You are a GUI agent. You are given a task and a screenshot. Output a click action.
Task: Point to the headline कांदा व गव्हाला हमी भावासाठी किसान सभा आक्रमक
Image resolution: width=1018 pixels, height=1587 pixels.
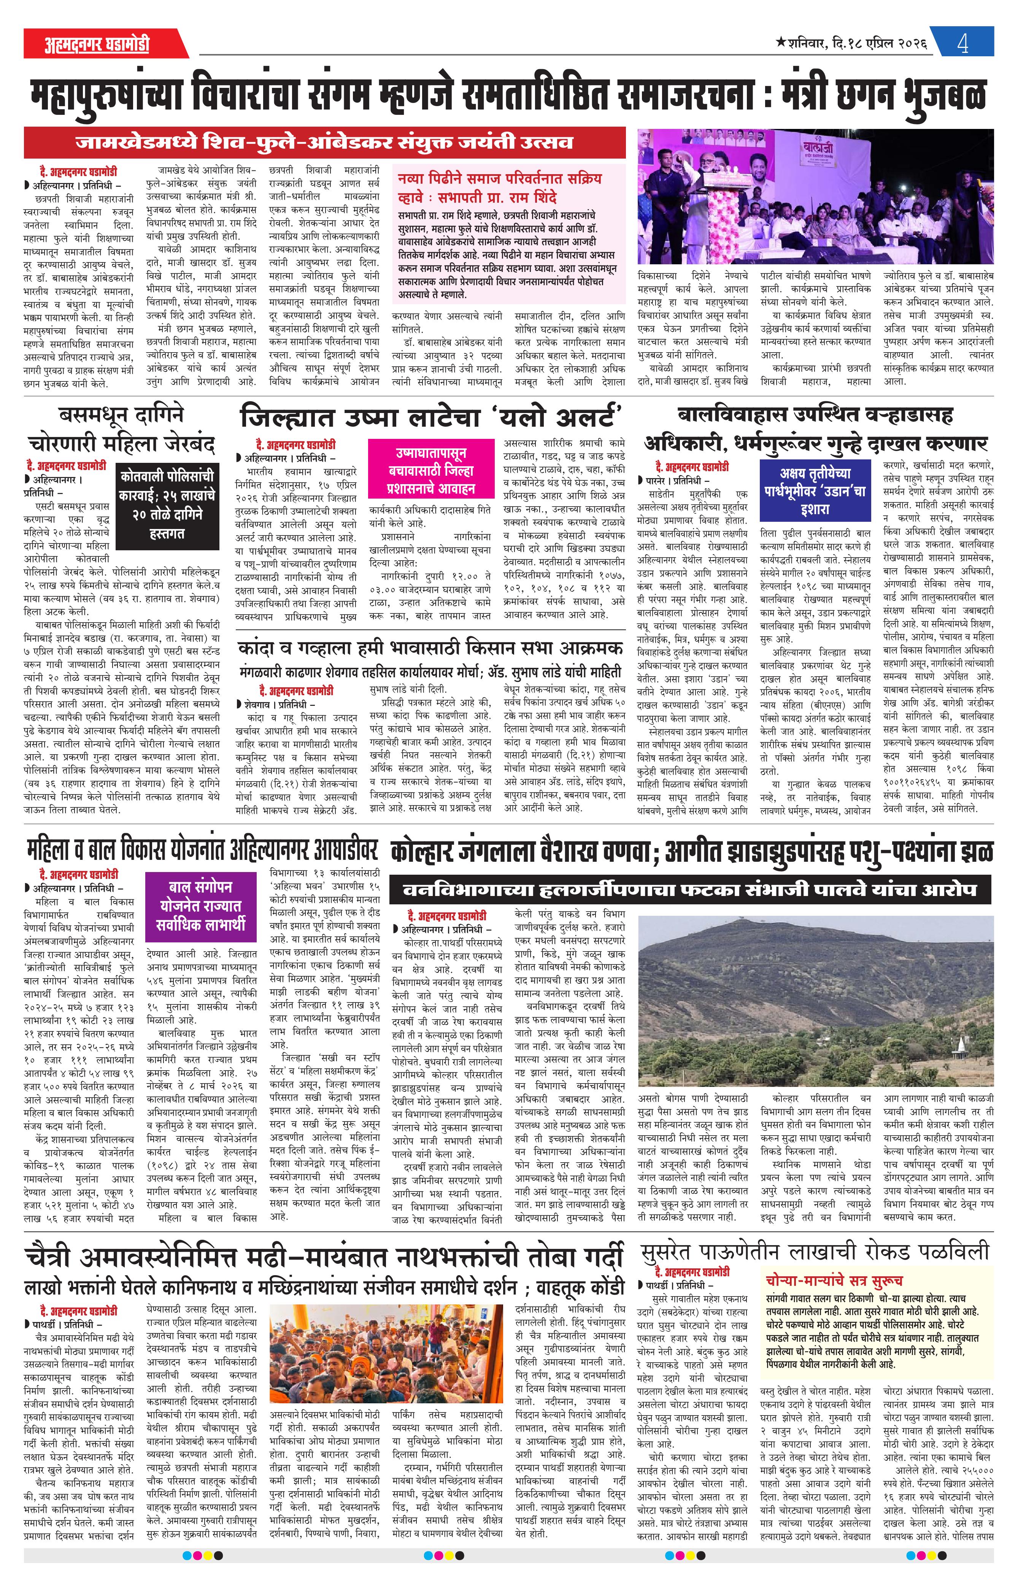click(430, 648)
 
